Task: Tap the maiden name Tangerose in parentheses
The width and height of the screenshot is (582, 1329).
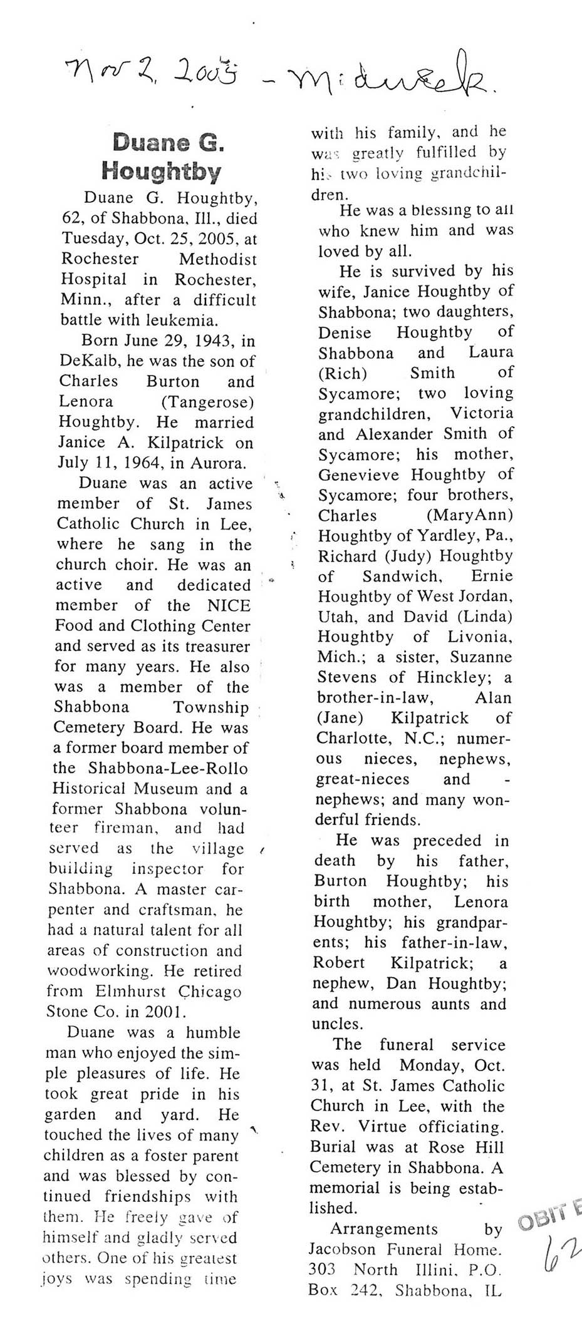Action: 207,402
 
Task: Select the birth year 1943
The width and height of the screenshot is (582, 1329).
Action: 214,341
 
